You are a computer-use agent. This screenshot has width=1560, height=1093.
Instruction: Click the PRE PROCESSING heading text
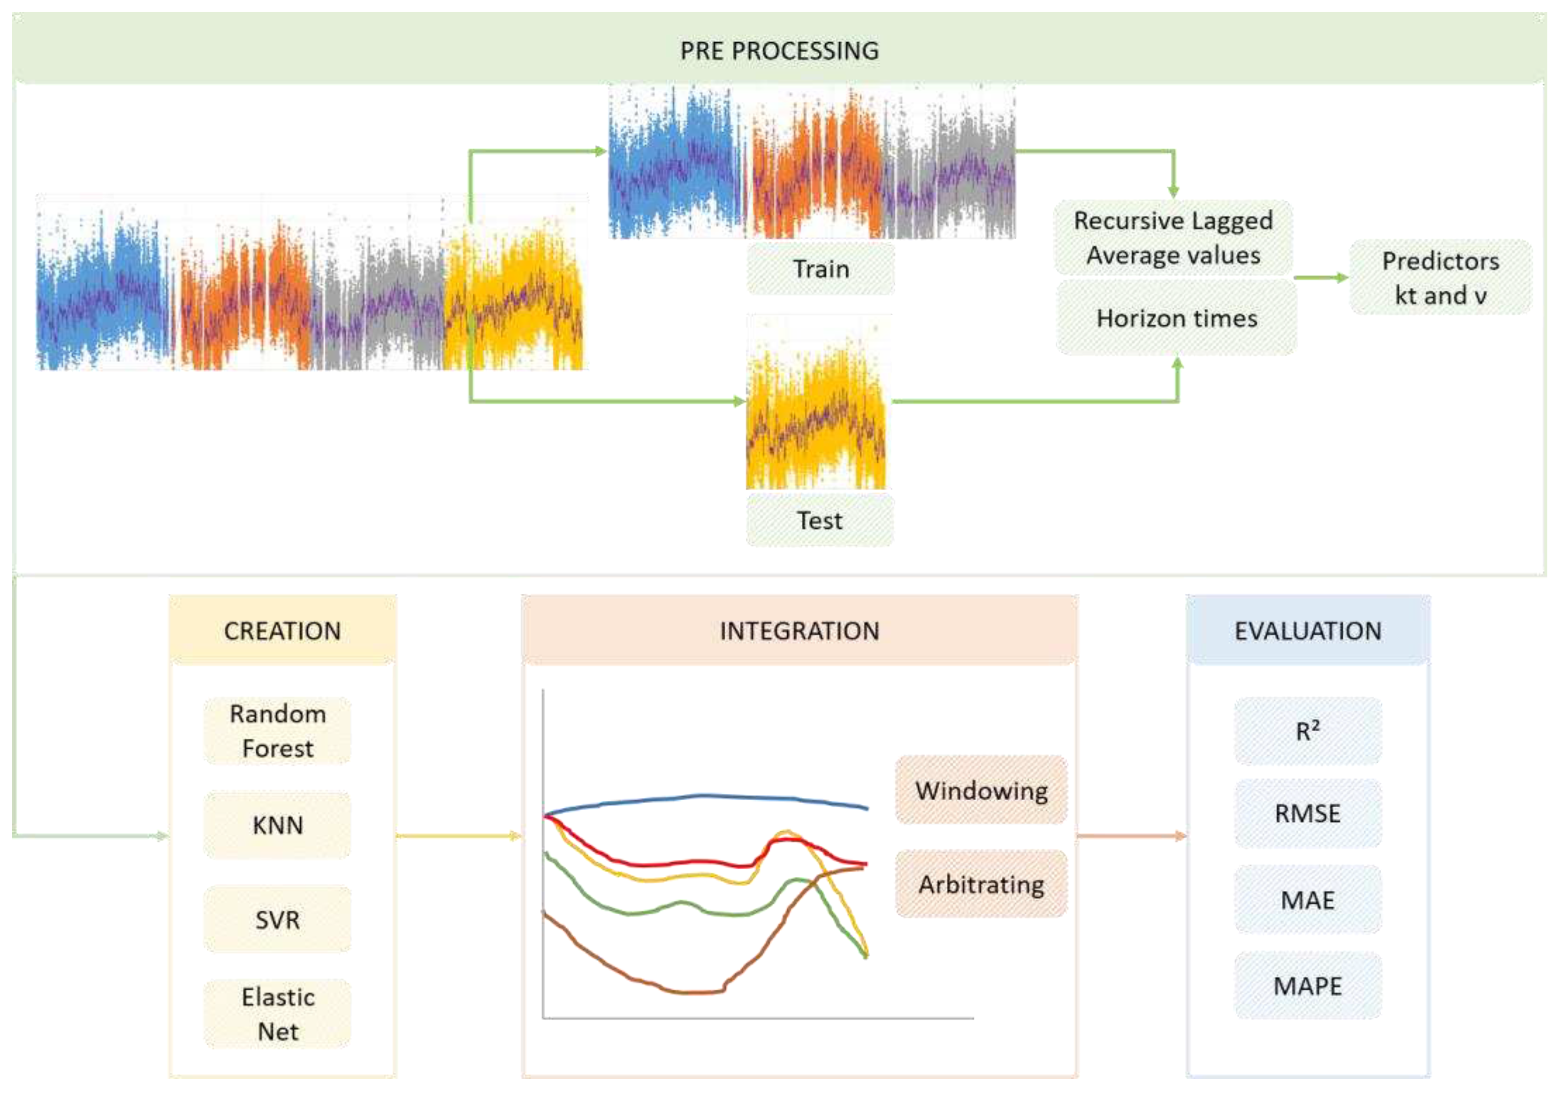[779, 50]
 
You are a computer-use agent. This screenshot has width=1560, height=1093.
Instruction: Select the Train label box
[821, 269]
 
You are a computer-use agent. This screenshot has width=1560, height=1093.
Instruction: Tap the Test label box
[819, 520]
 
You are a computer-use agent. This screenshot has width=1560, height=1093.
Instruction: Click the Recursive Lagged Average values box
[1173, 238]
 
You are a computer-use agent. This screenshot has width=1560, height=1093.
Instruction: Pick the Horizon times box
[1176, 318]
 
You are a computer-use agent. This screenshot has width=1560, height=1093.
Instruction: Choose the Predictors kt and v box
[1440, 277]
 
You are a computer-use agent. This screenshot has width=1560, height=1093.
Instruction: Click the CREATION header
[282, 630]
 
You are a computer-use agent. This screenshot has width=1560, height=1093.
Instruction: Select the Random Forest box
[277, 730]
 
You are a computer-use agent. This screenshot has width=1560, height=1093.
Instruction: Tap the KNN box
[277, 825]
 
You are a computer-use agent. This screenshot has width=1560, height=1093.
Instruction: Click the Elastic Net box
[277, 1014]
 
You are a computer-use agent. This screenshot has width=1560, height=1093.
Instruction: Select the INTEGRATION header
[799, 630]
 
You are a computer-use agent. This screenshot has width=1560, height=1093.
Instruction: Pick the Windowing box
[981, 790]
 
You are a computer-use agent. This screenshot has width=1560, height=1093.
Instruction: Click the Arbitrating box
[981, 884]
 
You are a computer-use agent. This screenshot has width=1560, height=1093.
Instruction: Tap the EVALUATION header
[1308, 630]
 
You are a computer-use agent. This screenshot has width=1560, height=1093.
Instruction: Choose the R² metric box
[1308, 731]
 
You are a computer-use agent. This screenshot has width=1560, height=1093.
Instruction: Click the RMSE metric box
[1308, 813]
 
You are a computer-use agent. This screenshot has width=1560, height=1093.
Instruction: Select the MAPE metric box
[1308, 986]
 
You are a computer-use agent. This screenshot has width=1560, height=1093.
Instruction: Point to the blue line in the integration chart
[707, 796]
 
